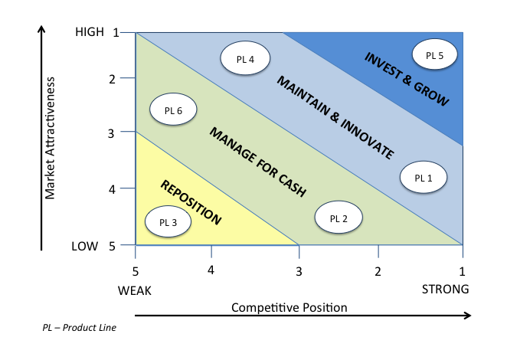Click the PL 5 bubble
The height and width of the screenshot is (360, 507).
(434, 54)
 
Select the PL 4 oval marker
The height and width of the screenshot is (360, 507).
(245, 58)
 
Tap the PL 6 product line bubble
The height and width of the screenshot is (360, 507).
(173, 110)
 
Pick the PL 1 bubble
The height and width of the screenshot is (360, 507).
(424, 177)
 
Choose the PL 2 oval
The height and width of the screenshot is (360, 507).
(339, 217)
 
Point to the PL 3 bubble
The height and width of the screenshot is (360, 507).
(168, 221)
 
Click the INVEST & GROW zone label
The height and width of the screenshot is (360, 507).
(407, 79)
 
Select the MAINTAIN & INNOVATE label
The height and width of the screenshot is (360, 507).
(335, 117)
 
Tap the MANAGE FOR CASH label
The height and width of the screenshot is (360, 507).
(257, 162)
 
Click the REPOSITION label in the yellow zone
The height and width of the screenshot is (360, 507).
(191, 202)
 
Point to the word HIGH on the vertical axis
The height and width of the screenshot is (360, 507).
(90, 32)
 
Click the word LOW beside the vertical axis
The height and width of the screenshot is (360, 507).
(85, 247)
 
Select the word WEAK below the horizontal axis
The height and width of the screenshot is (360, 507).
(135, 290)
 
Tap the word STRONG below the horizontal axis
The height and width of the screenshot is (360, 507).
(445, 289)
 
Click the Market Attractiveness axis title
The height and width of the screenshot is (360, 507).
(50, 138)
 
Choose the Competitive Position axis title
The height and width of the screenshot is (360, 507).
(289, 307)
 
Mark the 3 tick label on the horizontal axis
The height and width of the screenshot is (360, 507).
(299, 271)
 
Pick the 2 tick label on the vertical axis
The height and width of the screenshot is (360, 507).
(113, 79)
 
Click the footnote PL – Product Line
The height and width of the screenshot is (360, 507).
(79, 328)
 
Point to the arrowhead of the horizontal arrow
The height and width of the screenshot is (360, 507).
(468, 316)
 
